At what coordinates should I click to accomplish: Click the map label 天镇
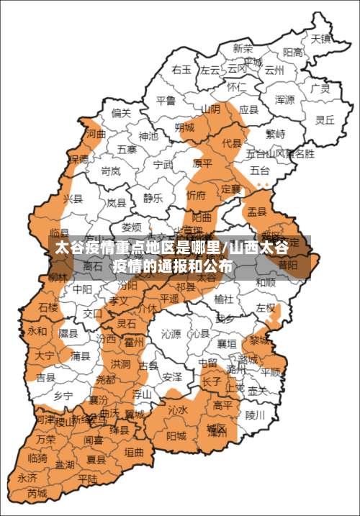pos(320,38)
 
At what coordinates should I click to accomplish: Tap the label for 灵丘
pos(325,120)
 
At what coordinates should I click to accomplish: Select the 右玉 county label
pos(181,69)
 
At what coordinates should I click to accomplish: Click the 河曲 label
pos(96,134)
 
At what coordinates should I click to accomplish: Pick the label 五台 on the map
pos(260,171)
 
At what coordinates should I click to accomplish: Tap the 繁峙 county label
pos(275,134)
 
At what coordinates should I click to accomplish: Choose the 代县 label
pos(231,143)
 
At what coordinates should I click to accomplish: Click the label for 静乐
pos(153,198)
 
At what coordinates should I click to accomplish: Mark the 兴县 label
pos(73,198)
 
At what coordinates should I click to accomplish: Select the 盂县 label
pos(257,212)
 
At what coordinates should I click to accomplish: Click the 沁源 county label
pos(171,333)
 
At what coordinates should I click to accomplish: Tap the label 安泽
pos(171,376)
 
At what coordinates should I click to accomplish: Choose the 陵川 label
pos(256,415)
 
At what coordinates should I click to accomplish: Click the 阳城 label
pos(176,435)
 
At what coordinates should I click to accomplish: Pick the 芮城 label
pos(37,493)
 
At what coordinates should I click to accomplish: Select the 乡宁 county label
pos(63,397)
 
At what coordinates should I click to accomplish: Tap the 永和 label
pos(37,332)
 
